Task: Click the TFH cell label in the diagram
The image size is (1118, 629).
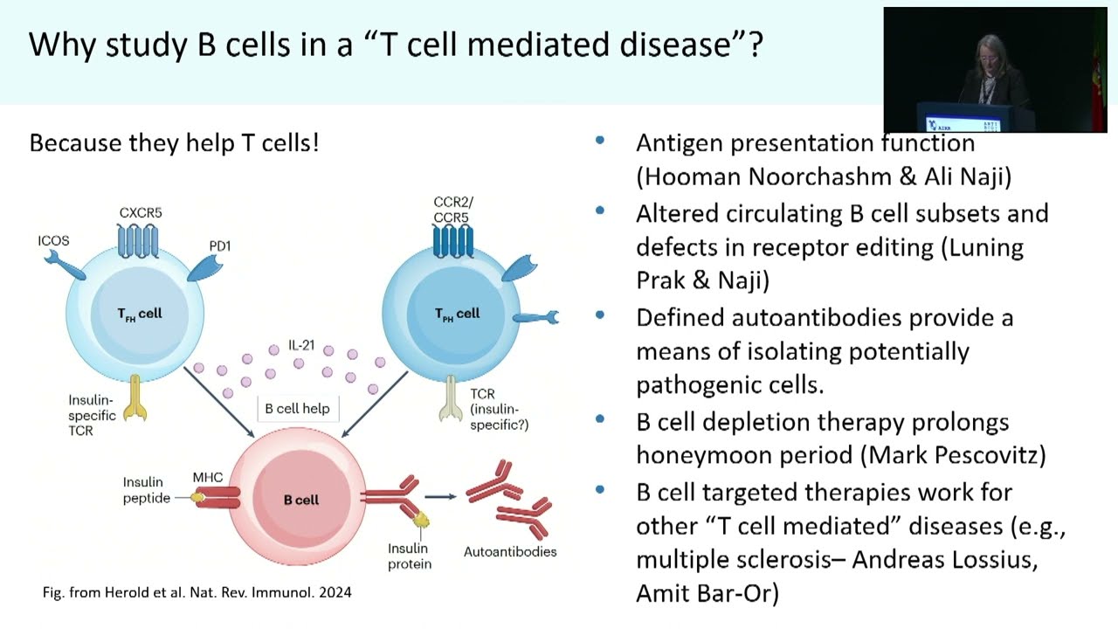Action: (x=140, y=314)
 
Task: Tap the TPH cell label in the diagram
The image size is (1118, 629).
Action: (x=457, y=314)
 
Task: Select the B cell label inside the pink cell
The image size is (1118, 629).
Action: (x=301, y=500)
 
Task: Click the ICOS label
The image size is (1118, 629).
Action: (x=54, y=240)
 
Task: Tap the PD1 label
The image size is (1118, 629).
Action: (x=220, y=245)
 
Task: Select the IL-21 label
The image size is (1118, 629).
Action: (x=302, y=344)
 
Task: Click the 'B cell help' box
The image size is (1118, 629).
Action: (x=297, y=408)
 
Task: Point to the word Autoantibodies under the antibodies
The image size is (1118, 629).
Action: (x=510, y=551)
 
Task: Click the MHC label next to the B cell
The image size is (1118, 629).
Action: (x=208, y=477)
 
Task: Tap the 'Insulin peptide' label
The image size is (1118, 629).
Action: (x=146, y=490)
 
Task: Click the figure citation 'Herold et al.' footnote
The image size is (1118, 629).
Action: (x=197, y=592)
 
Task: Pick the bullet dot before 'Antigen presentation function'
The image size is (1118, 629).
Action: (x=600, y=141)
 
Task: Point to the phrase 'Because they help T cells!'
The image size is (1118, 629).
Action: (x=175, y=142)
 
